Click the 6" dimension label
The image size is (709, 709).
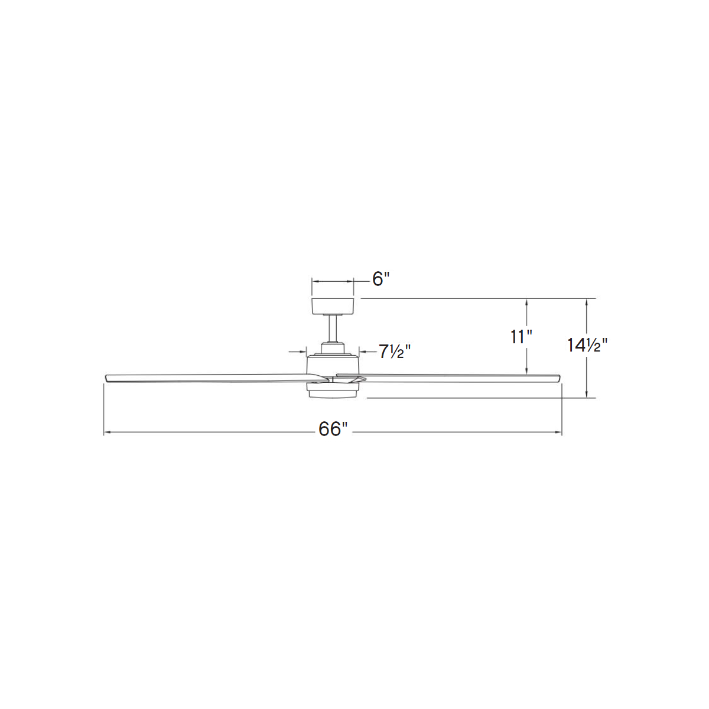point(380,279)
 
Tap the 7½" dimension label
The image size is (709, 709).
point(395,352)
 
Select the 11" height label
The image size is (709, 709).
point(521,337)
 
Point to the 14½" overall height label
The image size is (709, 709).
point(587,344)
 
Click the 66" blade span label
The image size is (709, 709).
point(333,429)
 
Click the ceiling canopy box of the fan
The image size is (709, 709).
point(333,307)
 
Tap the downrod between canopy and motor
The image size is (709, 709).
point(333,329)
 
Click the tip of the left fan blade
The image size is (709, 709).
point(106,378)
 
